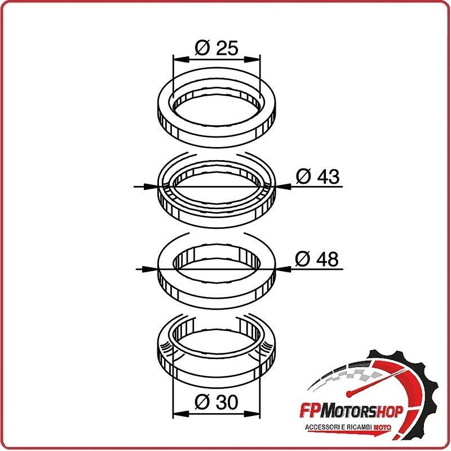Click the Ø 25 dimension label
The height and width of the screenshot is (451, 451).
point(216,48)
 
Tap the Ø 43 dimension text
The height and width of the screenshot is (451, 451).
point(317,176)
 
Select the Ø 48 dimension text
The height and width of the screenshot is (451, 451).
point(317,259)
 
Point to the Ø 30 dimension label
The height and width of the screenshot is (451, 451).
point(216,402)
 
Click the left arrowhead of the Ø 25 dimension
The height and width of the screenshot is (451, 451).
point(181,59)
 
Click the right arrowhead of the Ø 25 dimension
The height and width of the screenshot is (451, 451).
point(252,59)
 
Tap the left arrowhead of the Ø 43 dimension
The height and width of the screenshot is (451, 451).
point(152,187)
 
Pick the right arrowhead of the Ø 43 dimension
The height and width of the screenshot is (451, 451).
point(282,187)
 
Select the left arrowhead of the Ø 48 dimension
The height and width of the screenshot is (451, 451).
point(151,269)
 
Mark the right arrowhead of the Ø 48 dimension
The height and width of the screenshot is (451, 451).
point(283,269)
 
